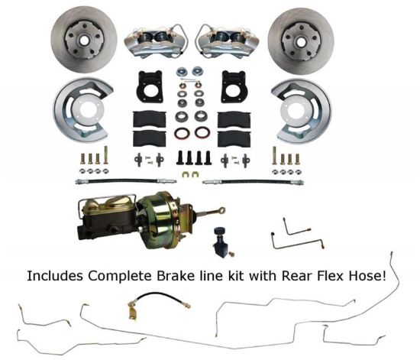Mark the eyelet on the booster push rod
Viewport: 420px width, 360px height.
tap(221, 208)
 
